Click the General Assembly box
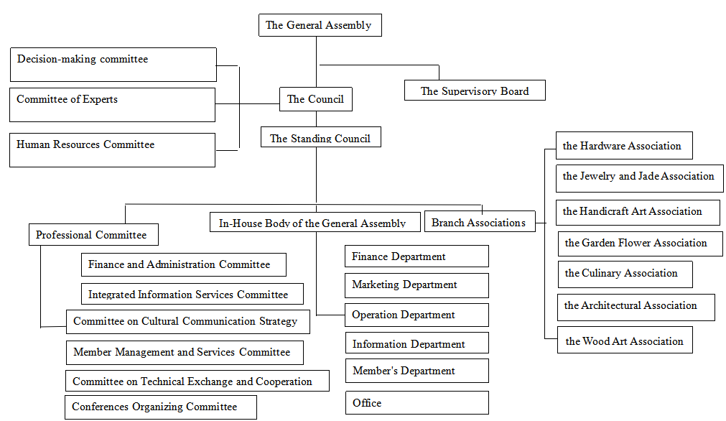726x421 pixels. point(320,25)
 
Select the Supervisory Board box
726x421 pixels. point(475,91)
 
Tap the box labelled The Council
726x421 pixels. point(316,99)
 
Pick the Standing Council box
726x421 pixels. point(321,137)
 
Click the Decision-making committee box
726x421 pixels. point(113,65)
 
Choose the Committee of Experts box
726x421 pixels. point(113,105)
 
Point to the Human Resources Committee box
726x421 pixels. point(113,150)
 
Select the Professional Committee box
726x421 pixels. point(93,235)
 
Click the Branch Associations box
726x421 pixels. point(480,222)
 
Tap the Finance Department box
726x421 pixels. point(416,256)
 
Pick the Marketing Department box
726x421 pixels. point(416,285)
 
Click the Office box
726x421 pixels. point(416,403)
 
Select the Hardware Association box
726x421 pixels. point(624,145)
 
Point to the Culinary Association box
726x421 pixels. point(625,274)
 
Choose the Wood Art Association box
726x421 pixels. point(625,340)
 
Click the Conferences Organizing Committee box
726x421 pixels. point(161,407)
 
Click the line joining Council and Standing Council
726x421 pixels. point(316,119)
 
